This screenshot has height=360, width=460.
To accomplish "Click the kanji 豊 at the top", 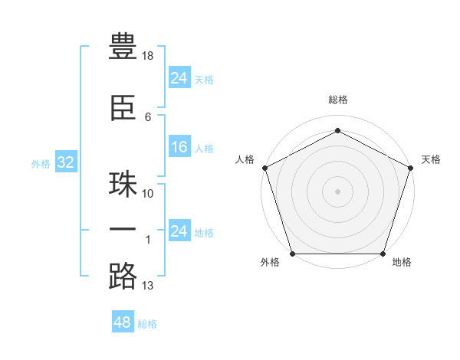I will (x=123, y=47).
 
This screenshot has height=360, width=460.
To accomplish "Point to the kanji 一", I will (x=123, y=229).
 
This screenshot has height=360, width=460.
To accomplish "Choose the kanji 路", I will (x=123, y=277).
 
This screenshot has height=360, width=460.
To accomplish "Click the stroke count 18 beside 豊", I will (x=149, y=56).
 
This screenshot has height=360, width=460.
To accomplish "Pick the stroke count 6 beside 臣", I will (x=148, y=116).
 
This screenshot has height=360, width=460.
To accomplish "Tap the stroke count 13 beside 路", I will (x=148, y=286).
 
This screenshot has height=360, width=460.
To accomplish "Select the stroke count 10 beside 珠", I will (x=148, y=194).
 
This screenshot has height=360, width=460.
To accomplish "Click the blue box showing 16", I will (x=179, y=147).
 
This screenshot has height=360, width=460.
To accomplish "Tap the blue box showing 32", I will (x=65, y=162).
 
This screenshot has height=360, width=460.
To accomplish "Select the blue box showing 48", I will (x=122, y=322).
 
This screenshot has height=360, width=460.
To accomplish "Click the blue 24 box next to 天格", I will (x=179, y=78).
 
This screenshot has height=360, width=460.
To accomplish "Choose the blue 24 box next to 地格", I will (x=179, y=231).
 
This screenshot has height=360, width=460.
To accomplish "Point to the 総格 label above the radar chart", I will (x=338, y=100).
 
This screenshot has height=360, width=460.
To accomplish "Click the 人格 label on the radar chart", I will (x=245, y=159).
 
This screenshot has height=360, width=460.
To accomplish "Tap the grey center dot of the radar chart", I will (x=338, y=191).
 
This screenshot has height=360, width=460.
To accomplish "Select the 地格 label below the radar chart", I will (x=401, y=263).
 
